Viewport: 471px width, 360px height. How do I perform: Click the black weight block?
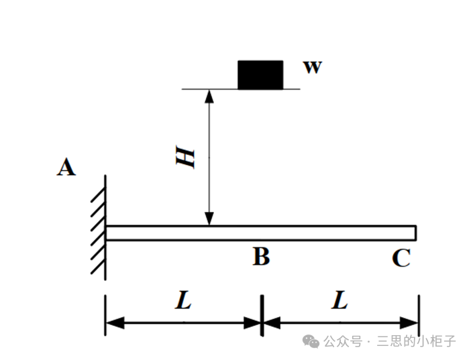tap(260, 75)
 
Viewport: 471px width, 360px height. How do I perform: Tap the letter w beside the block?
tap(313, 67)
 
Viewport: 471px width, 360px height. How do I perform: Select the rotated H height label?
tap(185, 157)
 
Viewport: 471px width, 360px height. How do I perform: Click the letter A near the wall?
tap(66, 167)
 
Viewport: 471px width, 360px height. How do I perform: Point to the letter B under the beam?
tap(262, 256)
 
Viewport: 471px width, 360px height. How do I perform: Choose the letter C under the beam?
tap(401, 257)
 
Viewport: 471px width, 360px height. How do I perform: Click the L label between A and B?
tap(184, 300)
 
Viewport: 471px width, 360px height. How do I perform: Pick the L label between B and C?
tap(339, 300)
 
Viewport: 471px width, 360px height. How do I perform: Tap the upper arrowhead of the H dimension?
tap(209, 97)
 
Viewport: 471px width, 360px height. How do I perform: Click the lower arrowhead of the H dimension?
tap(209, 219)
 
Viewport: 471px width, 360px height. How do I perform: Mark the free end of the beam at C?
tap(416, 233)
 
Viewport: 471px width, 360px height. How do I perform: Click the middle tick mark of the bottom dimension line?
tap(262, 315)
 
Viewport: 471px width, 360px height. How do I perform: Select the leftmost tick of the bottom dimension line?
tap(105, 315)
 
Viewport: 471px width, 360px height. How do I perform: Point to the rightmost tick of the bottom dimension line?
tap(419, 315)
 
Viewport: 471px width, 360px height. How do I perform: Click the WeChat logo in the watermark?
tap(311, 342)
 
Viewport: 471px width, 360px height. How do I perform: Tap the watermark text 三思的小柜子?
tap(417, 341)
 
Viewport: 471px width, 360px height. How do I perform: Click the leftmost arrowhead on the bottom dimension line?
tap(115, 322)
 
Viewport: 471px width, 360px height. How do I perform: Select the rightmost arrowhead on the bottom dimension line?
tap(409, 322)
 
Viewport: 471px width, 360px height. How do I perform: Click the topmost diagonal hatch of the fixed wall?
tap(98, 194)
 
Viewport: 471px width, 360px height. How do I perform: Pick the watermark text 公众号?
tap(343, 342)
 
